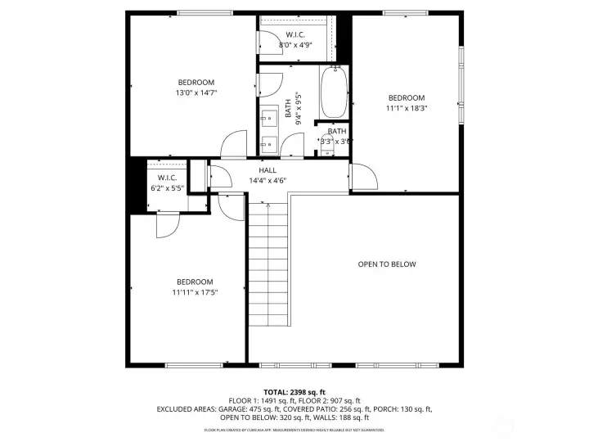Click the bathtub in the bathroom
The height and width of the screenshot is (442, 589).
tap(333, 94)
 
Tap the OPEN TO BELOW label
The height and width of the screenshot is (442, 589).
tap(387, 264)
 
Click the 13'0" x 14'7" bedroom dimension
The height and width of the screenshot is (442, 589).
tap(196, 93)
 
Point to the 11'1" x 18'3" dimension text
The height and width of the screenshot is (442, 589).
tap(407, 108)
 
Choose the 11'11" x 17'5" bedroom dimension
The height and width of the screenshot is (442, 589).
tap(195, 292)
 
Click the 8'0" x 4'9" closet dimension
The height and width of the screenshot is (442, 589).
tap(295, 45)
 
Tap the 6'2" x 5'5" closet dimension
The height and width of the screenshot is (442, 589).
tap(167, 188)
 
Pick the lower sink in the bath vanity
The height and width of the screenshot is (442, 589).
tap(267, 144)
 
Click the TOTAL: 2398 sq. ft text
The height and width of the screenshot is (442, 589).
tap(294, 392)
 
